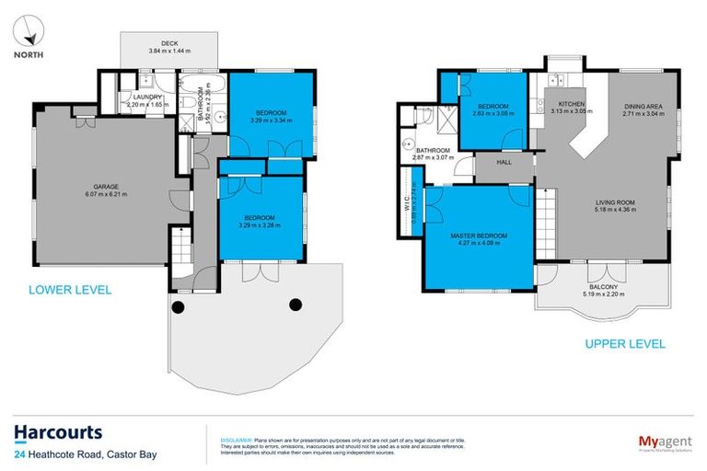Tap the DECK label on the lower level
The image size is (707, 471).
170,42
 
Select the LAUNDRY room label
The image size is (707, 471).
147,98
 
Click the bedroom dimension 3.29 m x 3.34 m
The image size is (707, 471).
271,121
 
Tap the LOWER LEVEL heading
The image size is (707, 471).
70,290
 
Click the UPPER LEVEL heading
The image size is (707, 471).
625,345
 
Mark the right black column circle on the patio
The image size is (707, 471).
296,304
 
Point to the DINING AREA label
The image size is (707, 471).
642,107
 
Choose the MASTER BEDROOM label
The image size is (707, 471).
479,236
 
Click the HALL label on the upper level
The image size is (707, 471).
504,163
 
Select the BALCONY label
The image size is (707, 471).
604,287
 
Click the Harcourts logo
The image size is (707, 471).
58,432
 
